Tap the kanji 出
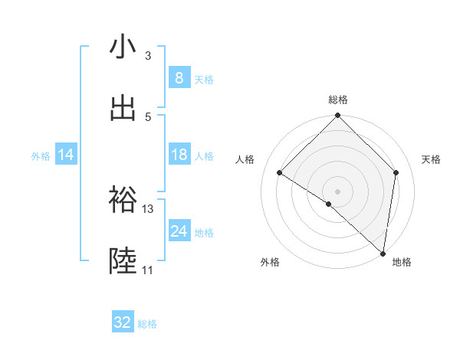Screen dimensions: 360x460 [x=123, y=108]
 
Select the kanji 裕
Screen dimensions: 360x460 [x=123, y=201]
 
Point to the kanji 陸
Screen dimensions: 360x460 [x=123, y=262]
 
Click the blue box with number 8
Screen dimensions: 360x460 [x=179, y=78]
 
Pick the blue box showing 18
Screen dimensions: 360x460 [x=179, y=155]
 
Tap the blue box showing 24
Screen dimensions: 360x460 [x=179, y=231]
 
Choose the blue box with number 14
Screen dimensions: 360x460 [x=66, y=155]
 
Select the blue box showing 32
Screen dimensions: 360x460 [x=123, y=322]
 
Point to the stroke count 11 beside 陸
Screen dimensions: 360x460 [x=147, y=270]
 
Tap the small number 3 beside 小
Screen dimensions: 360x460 [x=147, y=56]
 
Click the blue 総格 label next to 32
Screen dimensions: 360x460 [x=147, y=324]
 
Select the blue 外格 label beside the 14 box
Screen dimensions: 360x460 [x=41, y=156]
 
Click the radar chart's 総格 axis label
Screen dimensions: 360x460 [x=338, y=100]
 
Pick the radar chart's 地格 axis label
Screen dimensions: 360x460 [x=402, y=262]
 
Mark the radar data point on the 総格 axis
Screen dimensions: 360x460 [x=338, y=116]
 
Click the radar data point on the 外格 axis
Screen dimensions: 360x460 [x=329, y=204]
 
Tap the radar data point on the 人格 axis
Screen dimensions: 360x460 [x=280, y=173]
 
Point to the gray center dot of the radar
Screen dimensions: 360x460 [x=338, y=191]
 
